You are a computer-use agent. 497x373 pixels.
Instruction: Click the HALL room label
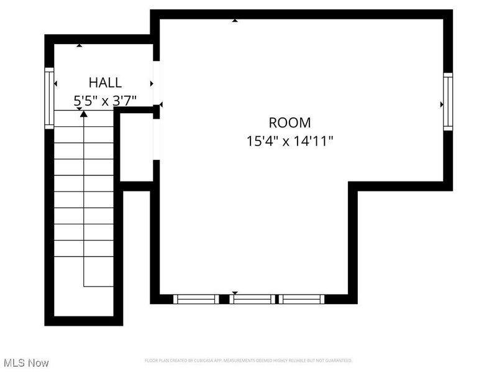pos(104,82)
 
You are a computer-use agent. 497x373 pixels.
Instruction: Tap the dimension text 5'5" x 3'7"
pos(104,99)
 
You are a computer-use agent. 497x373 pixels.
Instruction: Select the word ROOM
pos(290,122)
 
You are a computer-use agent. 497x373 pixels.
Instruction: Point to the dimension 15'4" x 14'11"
pos(290,141)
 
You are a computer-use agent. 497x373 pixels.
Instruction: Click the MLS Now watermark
pos(25,362)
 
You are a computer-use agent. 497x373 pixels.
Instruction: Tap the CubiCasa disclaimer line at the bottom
pos(248,361)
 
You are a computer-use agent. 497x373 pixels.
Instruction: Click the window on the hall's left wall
pos(49,98)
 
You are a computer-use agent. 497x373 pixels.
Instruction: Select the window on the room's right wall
pos(447,101)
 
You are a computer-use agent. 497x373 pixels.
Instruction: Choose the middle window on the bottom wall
pos(252,299)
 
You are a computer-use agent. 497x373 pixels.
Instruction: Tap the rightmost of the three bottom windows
pos(302,299)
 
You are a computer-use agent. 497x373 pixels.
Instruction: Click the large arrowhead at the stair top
pos(84,114)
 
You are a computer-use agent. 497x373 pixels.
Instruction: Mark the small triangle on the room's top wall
pos(235,21)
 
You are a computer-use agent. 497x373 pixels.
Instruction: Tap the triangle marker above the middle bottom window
pos(235,292)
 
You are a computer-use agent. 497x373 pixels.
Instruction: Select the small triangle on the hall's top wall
pos(79,45)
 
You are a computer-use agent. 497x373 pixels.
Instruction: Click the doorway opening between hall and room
pos(157,81)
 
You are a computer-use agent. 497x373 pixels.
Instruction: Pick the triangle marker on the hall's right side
pos(151,83)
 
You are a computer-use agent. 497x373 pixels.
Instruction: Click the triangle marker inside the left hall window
pos(55,83)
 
